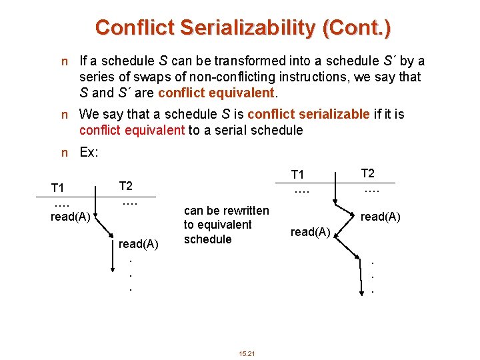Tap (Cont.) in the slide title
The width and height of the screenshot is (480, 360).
(359, 27)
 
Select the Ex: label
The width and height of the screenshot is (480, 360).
(89, 152)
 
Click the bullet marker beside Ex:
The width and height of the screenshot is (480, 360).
(64, 153)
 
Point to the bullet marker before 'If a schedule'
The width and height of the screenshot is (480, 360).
(64, 62)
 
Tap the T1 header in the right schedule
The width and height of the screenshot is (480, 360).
(298, 175)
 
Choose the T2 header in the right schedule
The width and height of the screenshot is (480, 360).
(368, 173)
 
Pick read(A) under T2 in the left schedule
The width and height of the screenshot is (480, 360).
(138, 244)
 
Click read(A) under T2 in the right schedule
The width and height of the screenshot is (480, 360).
(380, 217)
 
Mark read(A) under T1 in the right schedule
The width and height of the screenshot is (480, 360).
(310, 231)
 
